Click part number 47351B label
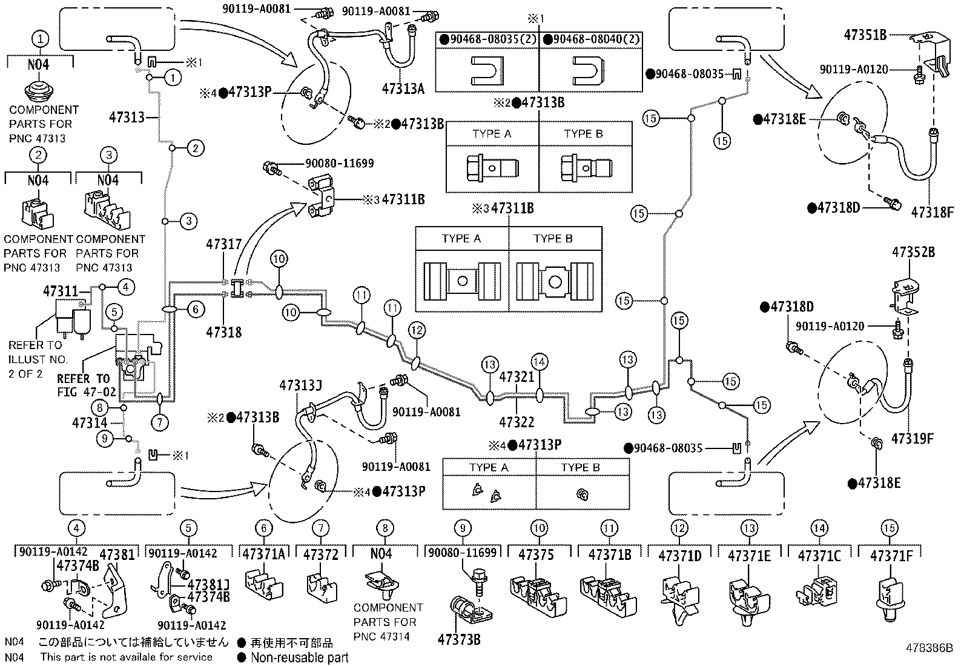(x=865, y=35)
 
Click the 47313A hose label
(x=403, y=88)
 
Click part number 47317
(x=224, y=245)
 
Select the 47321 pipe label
(x=517, y=377)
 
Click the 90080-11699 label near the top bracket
(x=339, y=164)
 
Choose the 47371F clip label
(x=891, y=555)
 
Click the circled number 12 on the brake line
(x=417, y=330)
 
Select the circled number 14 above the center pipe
(x=540, y=362)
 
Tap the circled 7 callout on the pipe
(x=159, y=422)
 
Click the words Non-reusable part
(x=300, y=657)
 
